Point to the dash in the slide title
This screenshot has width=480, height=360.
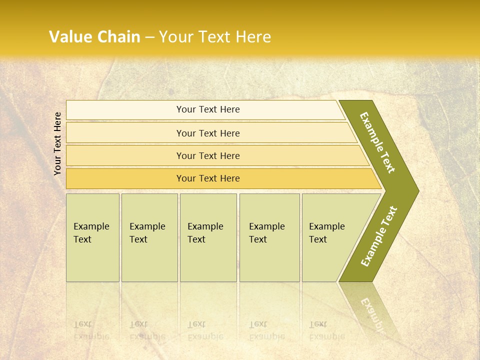click(149, 37)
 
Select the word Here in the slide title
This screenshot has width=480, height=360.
click(253, 37)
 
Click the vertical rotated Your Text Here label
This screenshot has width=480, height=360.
click(57, 143)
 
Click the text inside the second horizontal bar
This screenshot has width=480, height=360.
click(208, 133)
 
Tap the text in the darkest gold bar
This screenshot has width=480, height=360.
click(208, 178)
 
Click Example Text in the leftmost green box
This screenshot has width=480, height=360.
click(91, 233)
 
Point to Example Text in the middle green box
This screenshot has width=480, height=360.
click(205, 233)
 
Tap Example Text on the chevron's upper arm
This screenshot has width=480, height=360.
click(377, 142)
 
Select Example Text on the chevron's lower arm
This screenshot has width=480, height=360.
click(379, 236)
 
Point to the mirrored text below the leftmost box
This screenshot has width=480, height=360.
click(91, 330)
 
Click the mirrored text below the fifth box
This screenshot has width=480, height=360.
click(326, 330)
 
